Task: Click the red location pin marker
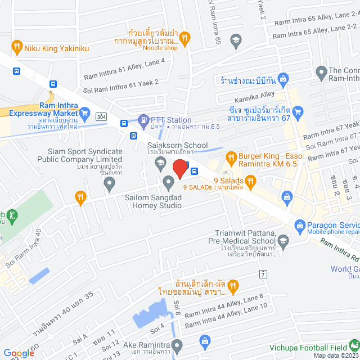tap(179, 168)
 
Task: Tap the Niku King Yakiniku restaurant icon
tap(17, 47)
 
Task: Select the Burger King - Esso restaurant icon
tap(230, 157)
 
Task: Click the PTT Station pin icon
tap(143, 120)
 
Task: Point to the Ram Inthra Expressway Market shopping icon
tap(85, 113)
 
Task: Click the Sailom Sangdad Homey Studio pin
tap(168, 181)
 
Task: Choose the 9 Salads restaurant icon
tap(250, 181)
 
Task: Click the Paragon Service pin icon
tap(300, 226)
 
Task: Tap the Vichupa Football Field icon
tap(354, 344)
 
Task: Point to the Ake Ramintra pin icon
tap(177, 344)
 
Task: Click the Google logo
tap(19, 353)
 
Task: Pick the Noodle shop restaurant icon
tap(185, 38)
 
